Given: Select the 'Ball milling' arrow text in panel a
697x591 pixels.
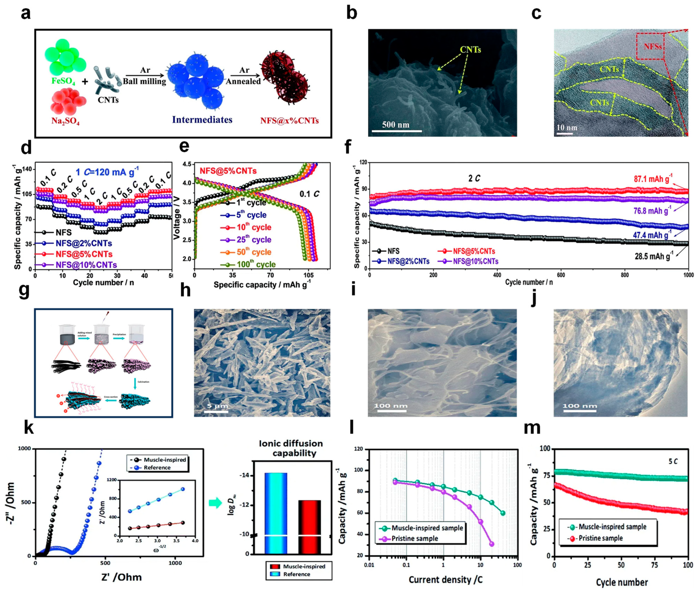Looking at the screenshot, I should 144,81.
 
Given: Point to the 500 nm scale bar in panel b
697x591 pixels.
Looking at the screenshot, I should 396,125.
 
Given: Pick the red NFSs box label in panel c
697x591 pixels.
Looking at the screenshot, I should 653,46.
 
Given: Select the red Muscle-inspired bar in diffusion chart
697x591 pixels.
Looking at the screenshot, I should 309,526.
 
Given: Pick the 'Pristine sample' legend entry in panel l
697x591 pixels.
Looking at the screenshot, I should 415,538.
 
